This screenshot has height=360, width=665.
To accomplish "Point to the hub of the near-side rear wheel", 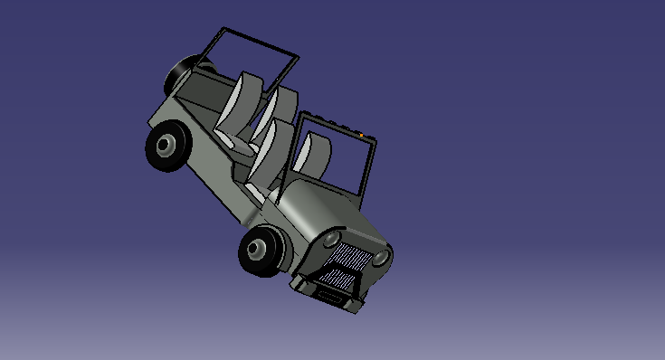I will click(x=166, y=144).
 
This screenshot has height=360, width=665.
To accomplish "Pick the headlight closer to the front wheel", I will click(x=332, y=239).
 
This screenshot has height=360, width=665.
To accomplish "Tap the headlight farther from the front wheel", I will click(x=382, y=258).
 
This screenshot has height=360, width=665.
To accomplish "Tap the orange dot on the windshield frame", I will click(x=362, y=136).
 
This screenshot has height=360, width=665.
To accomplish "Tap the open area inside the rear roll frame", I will click(x=253, y=63).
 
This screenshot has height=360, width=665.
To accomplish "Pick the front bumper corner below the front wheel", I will click(x=299, y=284).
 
